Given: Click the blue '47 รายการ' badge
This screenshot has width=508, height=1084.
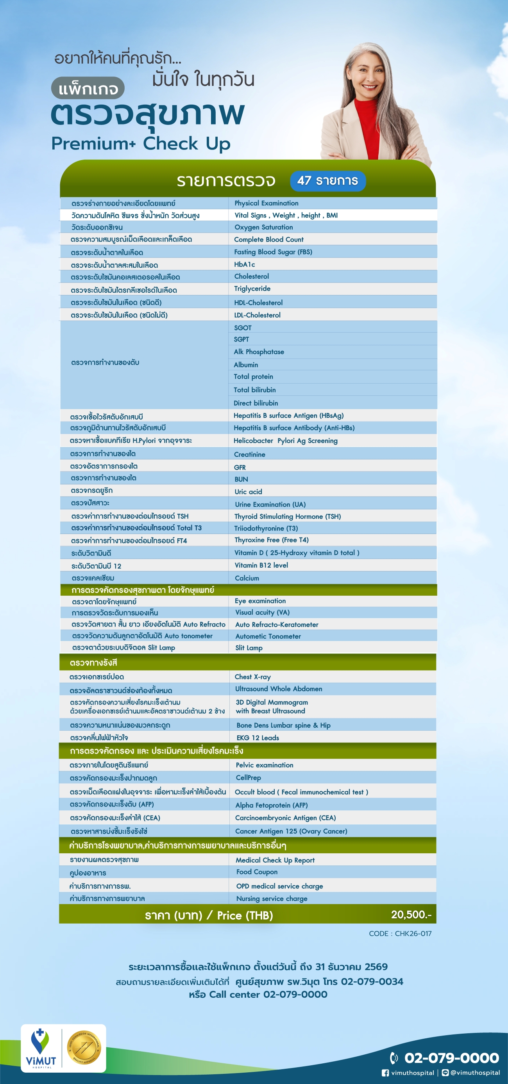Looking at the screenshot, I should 328,181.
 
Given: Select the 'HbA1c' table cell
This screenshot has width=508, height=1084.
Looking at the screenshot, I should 244,264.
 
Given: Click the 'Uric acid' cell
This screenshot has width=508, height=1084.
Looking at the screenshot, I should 248,491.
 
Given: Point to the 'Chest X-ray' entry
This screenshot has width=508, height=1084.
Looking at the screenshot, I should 253,676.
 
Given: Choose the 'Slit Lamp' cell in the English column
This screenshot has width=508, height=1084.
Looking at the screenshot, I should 249,648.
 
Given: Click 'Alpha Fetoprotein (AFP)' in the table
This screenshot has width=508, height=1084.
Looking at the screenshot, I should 271,805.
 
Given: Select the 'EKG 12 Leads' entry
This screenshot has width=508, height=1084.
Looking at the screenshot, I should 258,738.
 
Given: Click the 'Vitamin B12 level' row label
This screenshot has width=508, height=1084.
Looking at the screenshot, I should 261,565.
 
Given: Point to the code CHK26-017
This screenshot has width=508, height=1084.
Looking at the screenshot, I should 400,933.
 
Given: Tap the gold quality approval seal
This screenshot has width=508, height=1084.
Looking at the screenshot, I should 84,1047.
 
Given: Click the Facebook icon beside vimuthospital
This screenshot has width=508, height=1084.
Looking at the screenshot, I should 385,1073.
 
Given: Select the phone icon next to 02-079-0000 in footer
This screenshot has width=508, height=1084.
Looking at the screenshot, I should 394,1057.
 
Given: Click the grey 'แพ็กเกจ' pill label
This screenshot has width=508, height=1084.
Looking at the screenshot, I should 88,89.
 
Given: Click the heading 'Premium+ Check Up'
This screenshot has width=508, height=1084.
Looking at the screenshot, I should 141,143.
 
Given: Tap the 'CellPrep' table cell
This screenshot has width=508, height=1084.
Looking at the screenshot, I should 248,778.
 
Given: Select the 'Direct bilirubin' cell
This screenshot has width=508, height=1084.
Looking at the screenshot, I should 256,403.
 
